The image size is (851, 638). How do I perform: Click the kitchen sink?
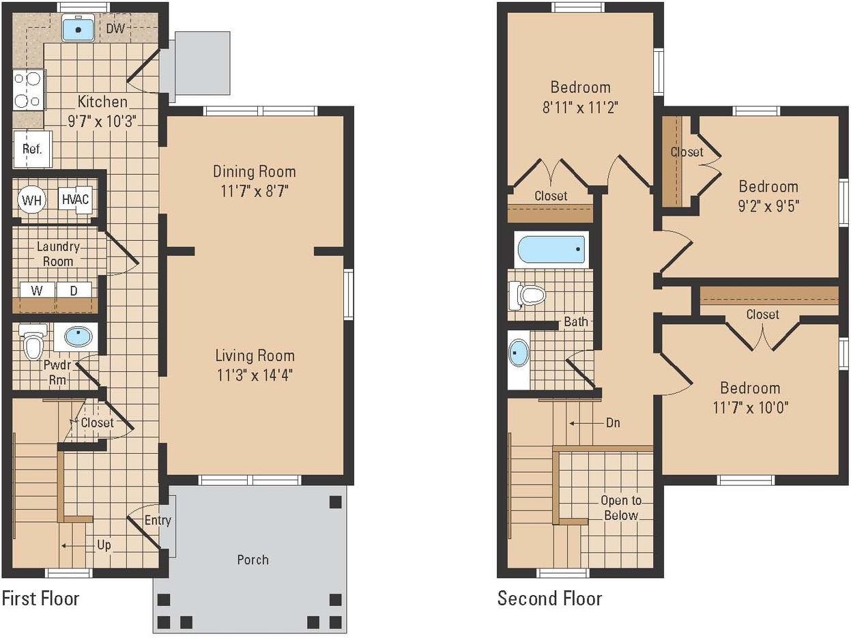tap(78, 28)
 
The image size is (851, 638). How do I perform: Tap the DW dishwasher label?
tap(115, 28)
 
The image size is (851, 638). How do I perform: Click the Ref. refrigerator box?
tap(32, 149)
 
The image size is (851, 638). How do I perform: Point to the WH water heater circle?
tap(32, 200)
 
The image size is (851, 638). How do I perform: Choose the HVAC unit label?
tap(76, 199)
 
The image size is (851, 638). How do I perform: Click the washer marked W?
tap(38, 290)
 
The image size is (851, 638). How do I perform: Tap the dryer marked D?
tap(74, 290)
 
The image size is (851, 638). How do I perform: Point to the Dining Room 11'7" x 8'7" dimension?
tap(255, 190)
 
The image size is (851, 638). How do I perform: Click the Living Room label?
tap(255, 356)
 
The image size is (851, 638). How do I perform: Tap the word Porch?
tap(253, 560)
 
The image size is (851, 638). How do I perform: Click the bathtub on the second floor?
tap(551, 249)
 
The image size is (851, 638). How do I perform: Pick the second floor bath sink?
tap(519, 353)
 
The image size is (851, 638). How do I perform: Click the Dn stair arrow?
tap(581, 423)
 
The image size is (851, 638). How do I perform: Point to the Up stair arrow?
tap(76, 546)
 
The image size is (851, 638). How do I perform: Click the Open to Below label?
tap(621, 508)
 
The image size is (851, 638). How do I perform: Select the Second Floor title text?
tap(550, 598)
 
